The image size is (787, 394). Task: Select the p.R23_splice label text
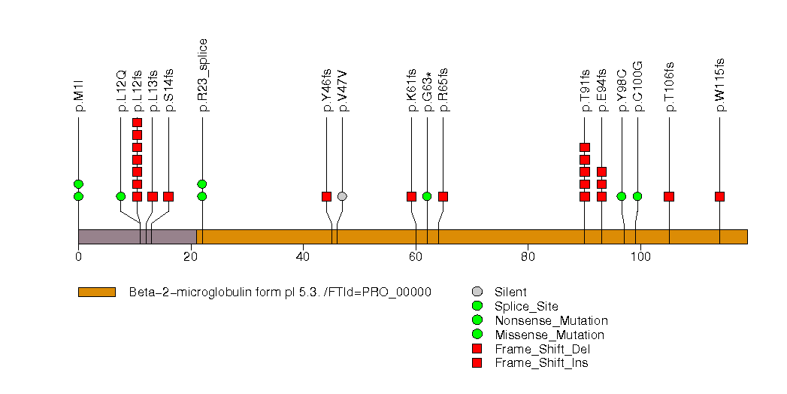[203, 75]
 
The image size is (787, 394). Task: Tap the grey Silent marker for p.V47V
[342, 196]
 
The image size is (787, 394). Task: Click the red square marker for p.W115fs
[719, 196]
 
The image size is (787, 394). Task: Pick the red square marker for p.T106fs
[669, 196]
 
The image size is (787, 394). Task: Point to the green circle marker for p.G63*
[427, 196]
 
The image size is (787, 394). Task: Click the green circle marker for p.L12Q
[121, 196]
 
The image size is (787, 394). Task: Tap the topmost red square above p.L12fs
[137, 123]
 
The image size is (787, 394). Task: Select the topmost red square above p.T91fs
[585, 147]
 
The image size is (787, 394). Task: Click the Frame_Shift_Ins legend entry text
[541, 363]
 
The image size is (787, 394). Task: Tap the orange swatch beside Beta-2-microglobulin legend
[96, 292]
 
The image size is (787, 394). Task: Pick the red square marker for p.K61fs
[411, 196]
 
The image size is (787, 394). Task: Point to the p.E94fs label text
[602, 93]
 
